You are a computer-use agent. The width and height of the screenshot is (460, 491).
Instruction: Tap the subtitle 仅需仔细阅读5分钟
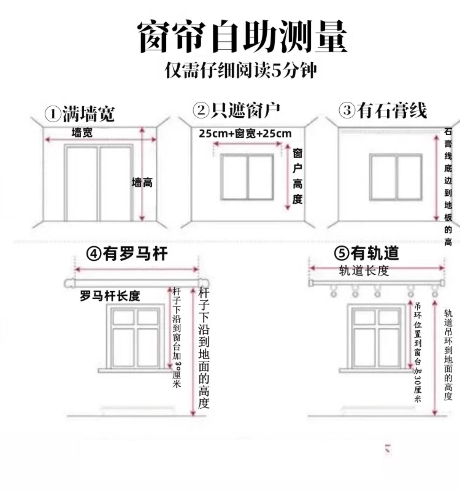(241, 70)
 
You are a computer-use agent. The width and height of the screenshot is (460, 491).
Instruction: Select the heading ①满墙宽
(80, 114)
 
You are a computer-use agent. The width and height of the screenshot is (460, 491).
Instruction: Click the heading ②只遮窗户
(236, 110)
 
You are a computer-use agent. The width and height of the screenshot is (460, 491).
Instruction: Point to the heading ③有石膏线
(383, 110)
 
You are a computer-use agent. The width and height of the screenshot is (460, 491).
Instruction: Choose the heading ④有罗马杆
(127, 254)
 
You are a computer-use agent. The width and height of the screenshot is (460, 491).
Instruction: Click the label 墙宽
(82, 133)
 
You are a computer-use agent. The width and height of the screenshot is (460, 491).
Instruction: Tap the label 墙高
(142, 183)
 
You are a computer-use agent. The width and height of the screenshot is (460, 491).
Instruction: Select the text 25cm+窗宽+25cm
(245, 133)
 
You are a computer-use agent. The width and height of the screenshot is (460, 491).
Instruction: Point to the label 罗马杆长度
(110, 296)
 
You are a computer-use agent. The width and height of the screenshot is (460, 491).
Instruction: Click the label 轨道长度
(364, 271)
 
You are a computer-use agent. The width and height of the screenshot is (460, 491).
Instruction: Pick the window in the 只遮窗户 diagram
(247, 177)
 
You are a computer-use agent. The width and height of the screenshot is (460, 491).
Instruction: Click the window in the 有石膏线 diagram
(396, 177)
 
